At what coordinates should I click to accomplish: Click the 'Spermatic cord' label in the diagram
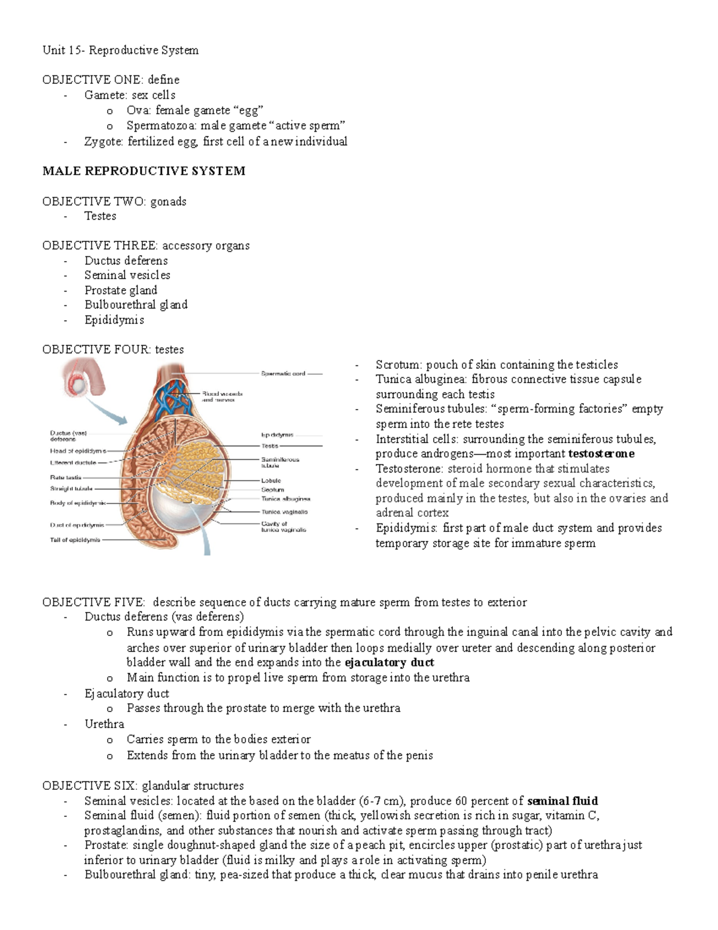pos(283,374)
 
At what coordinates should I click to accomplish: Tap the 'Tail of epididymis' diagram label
pos(75,540)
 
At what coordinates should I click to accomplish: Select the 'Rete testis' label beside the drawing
pos(66,477)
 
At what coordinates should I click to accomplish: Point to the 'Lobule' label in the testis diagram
pos(271,480)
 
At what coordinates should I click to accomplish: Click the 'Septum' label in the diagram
pos(272,490)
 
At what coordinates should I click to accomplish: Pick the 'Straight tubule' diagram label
pos(71,488)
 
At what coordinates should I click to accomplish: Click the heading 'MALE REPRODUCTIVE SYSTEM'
pos(144,171)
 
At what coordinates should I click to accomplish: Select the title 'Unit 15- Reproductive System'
pos(120,50)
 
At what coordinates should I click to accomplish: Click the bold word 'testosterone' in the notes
pos(601,454)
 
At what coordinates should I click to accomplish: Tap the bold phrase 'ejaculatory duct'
pos(390,662)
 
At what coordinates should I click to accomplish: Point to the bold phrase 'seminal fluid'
pos(563,801)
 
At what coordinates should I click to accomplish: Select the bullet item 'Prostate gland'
pos(120,290)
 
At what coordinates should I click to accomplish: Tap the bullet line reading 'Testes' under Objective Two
pos(100,216)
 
